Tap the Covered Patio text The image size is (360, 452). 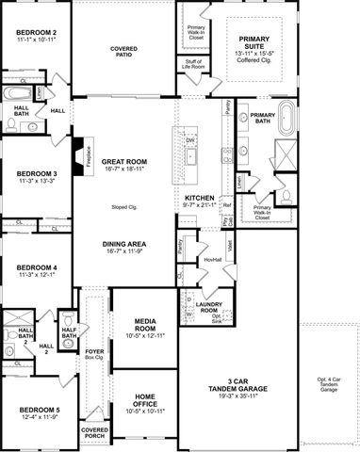pos(123,51)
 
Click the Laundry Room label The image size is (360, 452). pos(206,308)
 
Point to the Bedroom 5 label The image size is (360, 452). pos(38,410)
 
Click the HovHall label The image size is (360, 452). pos(212,260)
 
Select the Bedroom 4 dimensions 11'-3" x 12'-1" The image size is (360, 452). pos(38,276)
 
